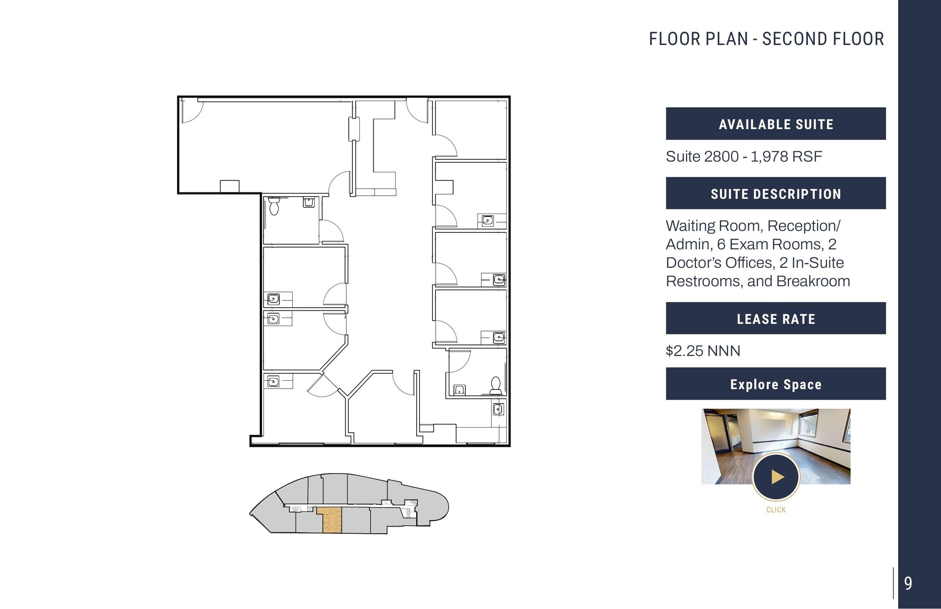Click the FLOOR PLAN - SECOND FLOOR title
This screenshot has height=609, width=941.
pyautogui.click(x=766, y=39)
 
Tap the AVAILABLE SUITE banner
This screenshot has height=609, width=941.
pyautogui.click(x=776, y=124)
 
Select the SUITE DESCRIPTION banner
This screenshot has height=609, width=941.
pyautogui.click(x=776, y=194)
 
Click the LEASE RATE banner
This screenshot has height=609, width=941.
pyautogui.click(x=776, y=319)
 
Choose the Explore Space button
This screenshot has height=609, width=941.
pyautogui.click(x=776, y=384)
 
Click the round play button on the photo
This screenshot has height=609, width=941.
pyautogui.click(x=776, y=476)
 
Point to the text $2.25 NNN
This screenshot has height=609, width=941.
pyautogui.click(x=703, y=351)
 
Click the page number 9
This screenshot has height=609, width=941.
pyautogui.click(x=908, y=583)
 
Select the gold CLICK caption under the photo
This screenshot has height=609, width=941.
pyautogui.click(x=776, y=510)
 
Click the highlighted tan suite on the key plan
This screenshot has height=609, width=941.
pyautogui.click(x=329, y=520)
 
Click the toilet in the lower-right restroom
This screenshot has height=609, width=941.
pyautogui.click(x=496, y=386)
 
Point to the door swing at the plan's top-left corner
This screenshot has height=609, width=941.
pyautogui.click(x=192, y=112)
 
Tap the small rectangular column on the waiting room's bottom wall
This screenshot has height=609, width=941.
pyautogui.click(x=229, y=186)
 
